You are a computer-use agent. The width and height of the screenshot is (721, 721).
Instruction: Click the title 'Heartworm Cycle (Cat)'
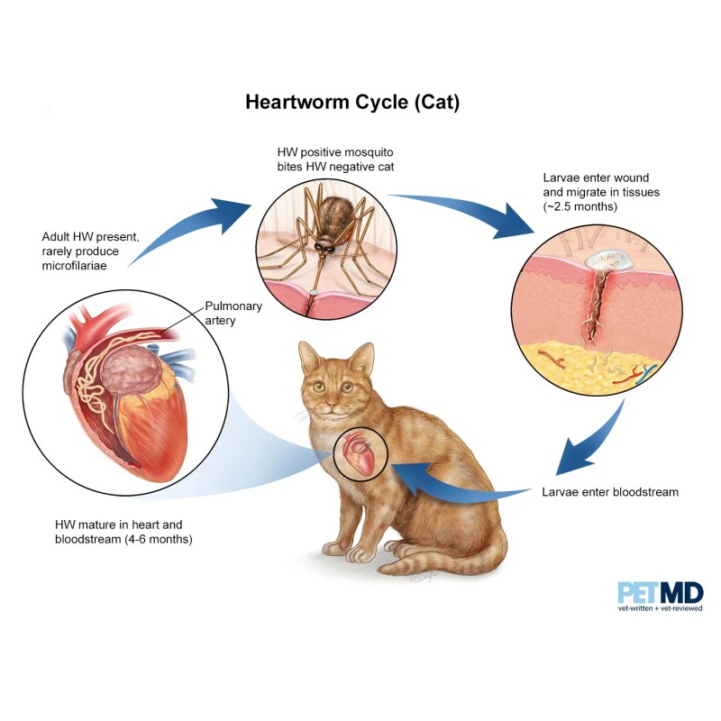point(352,102)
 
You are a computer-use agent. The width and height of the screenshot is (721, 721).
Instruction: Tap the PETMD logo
point(660,592)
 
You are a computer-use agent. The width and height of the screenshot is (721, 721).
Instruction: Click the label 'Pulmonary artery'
point(232,313)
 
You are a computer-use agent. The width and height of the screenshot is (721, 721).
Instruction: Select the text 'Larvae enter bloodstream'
point(609,492)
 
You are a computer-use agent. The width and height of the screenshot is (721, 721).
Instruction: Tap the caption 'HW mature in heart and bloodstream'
point(123,532)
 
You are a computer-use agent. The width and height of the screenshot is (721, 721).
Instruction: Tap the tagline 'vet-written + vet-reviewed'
point(660,610)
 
